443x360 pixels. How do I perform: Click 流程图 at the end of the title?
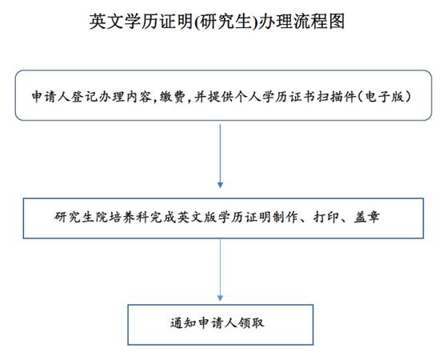[x=320, y=21]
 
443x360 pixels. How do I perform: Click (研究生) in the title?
[x=226, y=22]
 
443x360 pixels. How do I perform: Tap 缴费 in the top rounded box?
[x=173, y=97]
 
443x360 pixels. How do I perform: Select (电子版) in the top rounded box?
[x=385, y=97]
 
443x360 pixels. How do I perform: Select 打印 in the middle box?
[x=326, y=217]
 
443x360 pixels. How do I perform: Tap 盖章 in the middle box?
[x=367, y=217]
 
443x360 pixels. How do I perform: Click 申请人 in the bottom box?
[x=218, y=323]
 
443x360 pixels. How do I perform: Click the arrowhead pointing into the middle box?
[x=221, y=185]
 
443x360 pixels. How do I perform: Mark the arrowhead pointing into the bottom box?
[x=221, y=298]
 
